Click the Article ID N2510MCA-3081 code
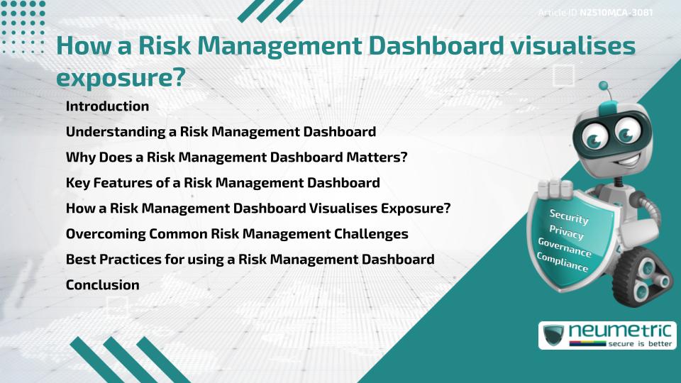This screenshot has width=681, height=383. coord(616,13)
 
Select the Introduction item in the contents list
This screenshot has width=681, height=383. coord(107,106)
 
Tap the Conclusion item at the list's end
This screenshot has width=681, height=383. coord(102,285)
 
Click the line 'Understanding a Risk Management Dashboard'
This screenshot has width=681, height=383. coord(221,132)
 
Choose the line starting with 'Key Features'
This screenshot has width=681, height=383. coord(222,183)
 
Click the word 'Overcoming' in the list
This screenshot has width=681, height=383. coord(101,234)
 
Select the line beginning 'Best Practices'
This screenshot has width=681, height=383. coord(250,260)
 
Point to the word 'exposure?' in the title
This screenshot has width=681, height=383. coord(121,77)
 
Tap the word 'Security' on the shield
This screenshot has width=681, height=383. coord(569,217)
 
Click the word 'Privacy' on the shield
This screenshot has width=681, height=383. coord(566,233)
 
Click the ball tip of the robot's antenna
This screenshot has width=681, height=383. coord(604,86)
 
